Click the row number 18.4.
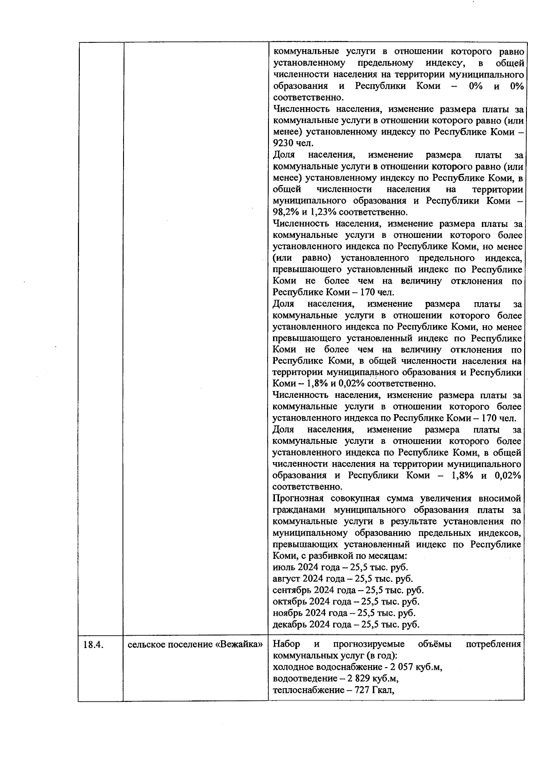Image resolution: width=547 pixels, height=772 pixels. click(94, 645)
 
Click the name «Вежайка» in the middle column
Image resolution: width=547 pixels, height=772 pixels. click(239, 645)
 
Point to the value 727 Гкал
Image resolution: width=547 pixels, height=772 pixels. click(374, 690)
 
